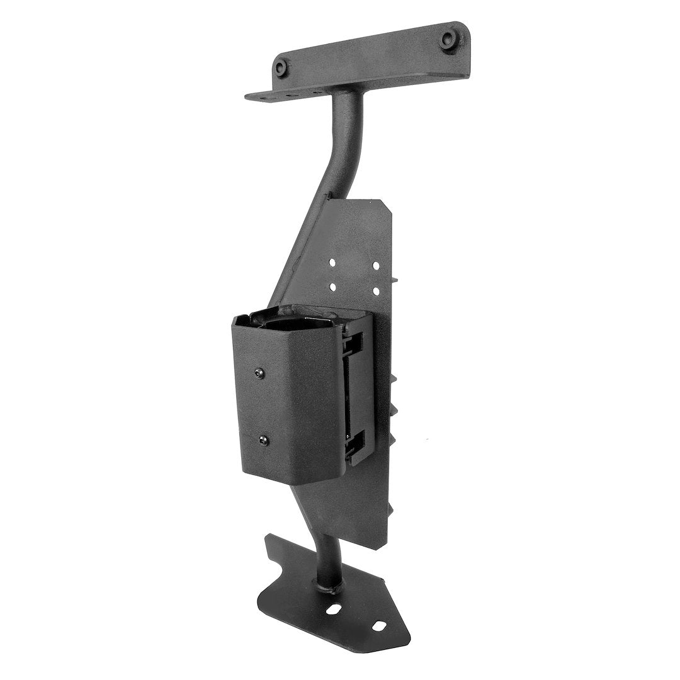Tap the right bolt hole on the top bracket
(448, 39)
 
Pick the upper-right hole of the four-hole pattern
(376, 266)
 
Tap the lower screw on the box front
(263, 441)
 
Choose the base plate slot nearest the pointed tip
(378, 626)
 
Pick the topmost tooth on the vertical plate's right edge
(398, 278)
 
